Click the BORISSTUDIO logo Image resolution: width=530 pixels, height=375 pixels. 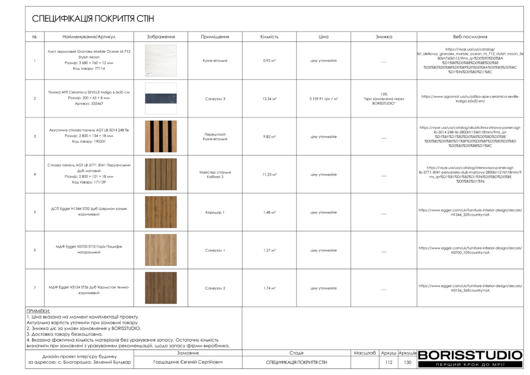coord(470,355)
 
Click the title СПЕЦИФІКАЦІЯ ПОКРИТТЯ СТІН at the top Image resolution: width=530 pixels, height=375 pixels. coord(93,19)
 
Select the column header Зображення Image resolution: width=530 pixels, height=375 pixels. coord(160,37)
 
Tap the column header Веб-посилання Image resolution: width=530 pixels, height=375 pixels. coord(470,37)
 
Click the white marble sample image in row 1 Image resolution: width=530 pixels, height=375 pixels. coord(160,61)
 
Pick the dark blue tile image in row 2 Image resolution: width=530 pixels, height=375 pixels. coord(160,98)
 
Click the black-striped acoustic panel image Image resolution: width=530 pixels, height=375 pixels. coord(160,136)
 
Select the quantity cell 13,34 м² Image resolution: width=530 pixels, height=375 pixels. coord(269,98)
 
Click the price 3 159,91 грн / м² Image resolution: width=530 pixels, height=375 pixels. coord(323,98)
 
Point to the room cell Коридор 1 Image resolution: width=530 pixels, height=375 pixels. coord(215,212)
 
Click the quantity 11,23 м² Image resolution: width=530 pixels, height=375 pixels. coord(269,175)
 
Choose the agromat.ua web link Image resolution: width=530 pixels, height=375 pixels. coord(470,98)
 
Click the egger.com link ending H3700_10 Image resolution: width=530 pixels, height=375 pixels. coord(470,250)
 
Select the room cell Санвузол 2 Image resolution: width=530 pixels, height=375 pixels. coord(215,288)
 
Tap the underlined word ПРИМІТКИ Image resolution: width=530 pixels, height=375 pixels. coord(38,311)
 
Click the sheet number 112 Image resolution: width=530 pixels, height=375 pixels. coord(389,363)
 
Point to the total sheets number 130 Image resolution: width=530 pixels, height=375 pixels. coord(407,363)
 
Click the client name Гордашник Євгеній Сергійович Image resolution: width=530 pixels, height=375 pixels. coord(188,363)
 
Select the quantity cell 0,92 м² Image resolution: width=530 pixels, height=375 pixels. coord(269,61)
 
